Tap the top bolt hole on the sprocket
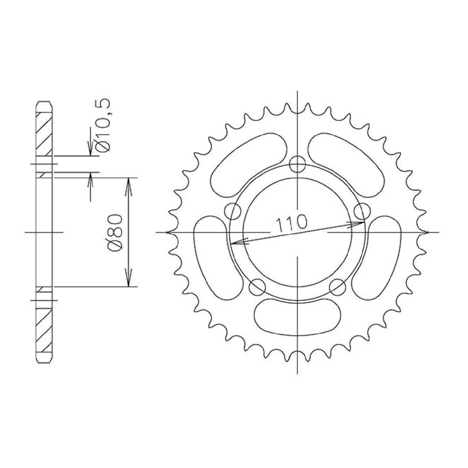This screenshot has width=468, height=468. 297,164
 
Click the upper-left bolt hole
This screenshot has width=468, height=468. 232,211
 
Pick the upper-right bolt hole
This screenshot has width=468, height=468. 362,211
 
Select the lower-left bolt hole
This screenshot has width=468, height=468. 258,287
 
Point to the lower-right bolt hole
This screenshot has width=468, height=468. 337,286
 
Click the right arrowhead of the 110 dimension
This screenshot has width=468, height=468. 360,222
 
